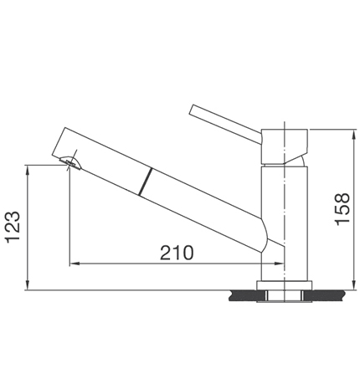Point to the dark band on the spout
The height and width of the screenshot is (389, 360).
[147, 182]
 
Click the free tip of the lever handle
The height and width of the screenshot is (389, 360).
[193, 110]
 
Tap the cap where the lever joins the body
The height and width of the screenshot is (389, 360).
[285, 146]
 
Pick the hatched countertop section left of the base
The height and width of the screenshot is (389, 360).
[244, 294]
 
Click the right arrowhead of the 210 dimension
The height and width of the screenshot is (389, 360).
[280, 264]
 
